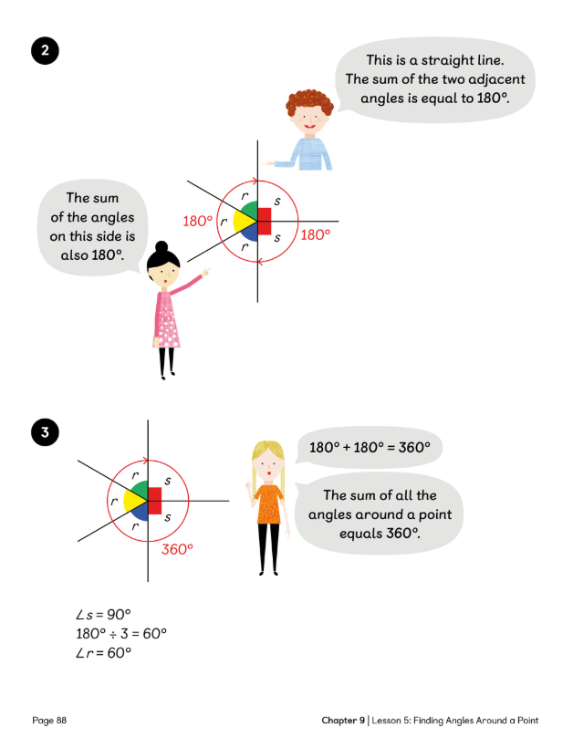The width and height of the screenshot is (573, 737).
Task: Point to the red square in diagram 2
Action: tap(265, 221)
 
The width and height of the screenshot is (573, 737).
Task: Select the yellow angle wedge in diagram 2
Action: tap(242, 221)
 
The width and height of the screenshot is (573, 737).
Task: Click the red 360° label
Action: tap(179, 549)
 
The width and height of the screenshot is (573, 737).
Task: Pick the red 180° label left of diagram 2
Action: tap(197, 222)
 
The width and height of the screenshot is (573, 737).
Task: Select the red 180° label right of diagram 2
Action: tap(315, 235)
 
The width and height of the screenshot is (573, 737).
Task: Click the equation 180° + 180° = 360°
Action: tap(363, 449)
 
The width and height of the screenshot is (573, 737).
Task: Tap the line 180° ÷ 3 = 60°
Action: tap(121, 633)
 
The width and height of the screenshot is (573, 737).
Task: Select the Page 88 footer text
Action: tap(49, 720)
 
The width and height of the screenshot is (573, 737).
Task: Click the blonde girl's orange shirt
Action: tap(268, 504)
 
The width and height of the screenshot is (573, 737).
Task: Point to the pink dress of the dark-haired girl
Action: tap(167, 319)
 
